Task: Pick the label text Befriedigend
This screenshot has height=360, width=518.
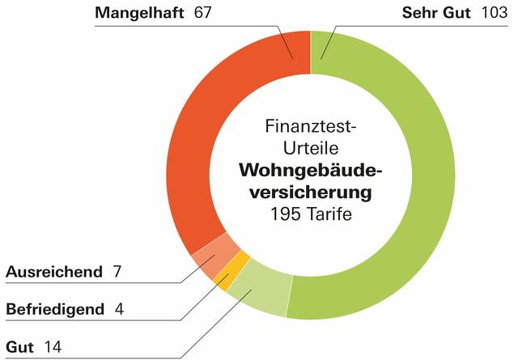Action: (x=55, y=309)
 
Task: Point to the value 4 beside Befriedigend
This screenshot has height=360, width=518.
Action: (x=119, y=309)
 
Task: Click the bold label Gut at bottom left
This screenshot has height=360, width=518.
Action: (x=19, y=347)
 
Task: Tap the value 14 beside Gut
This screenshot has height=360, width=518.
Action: (x=53, y=347)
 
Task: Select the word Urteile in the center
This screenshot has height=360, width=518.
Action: (x=311, y=149)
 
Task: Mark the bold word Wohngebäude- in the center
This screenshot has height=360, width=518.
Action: (x=310, y=171)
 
